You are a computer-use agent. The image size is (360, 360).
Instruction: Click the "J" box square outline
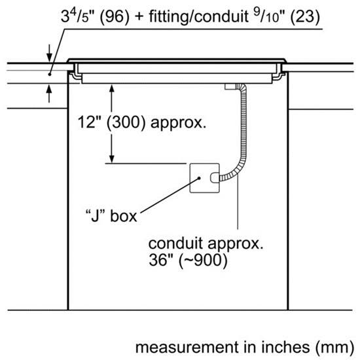pos(190,178)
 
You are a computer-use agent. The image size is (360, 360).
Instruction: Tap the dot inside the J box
pos(199,178)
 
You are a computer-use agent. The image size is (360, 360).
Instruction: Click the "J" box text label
pos(111,216)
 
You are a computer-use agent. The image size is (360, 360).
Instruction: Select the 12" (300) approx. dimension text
pos(142,122)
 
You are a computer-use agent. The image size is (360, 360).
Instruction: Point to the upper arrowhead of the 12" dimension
pos(111,88)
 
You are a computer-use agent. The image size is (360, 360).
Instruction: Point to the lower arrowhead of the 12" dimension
pos(111,159)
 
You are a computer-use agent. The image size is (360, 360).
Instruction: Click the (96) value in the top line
pos(115,17)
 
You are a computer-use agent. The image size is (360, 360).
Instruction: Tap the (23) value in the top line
pos(305,17)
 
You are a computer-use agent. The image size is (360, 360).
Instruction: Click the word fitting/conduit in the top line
pos(198,17)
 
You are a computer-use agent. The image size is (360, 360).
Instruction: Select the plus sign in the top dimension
pos(139,17)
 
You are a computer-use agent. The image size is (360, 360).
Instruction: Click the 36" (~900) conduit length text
pos(188,261)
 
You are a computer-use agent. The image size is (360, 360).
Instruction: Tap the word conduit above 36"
pos(175,243)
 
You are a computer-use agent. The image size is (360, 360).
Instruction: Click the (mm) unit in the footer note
pos(335,348)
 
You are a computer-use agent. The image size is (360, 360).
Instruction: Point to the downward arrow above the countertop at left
pos(49,53)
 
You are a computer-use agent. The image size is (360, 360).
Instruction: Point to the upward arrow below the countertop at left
pos(49,94)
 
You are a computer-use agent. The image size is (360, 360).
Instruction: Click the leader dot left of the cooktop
pos(49,75)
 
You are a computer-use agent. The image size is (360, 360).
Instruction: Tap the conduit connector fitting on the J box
pos(215,178)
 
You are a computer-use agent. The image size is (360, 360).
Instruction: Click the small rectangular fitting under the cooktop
pos(230,86)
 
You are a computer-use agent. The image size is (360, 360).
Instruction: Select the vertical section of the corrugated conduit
pos(243,124)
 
